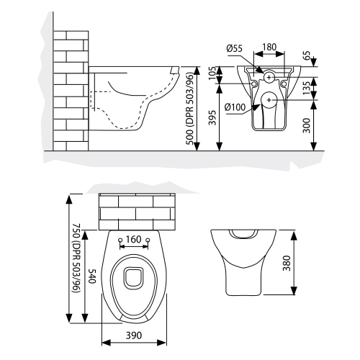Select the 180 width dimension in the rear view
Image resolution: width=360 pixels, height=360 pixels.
tap(269, 48)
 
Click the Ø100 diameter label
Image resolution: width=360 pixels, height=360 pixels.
tap(236, 108)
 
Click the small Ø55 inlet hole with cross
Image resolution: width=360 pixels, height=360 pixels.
tap(268, 76)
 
